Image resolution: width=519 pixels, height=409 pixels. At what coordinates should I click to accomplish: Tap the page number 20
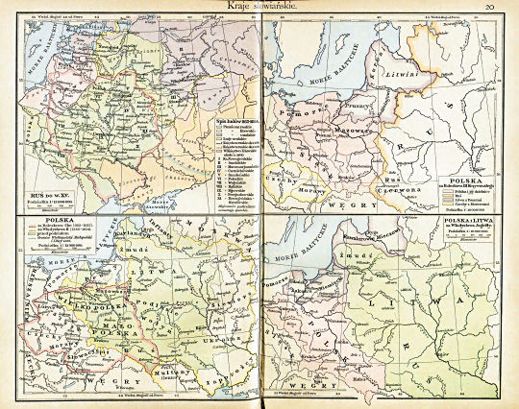pyautogui.click(x=489, y=8)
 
